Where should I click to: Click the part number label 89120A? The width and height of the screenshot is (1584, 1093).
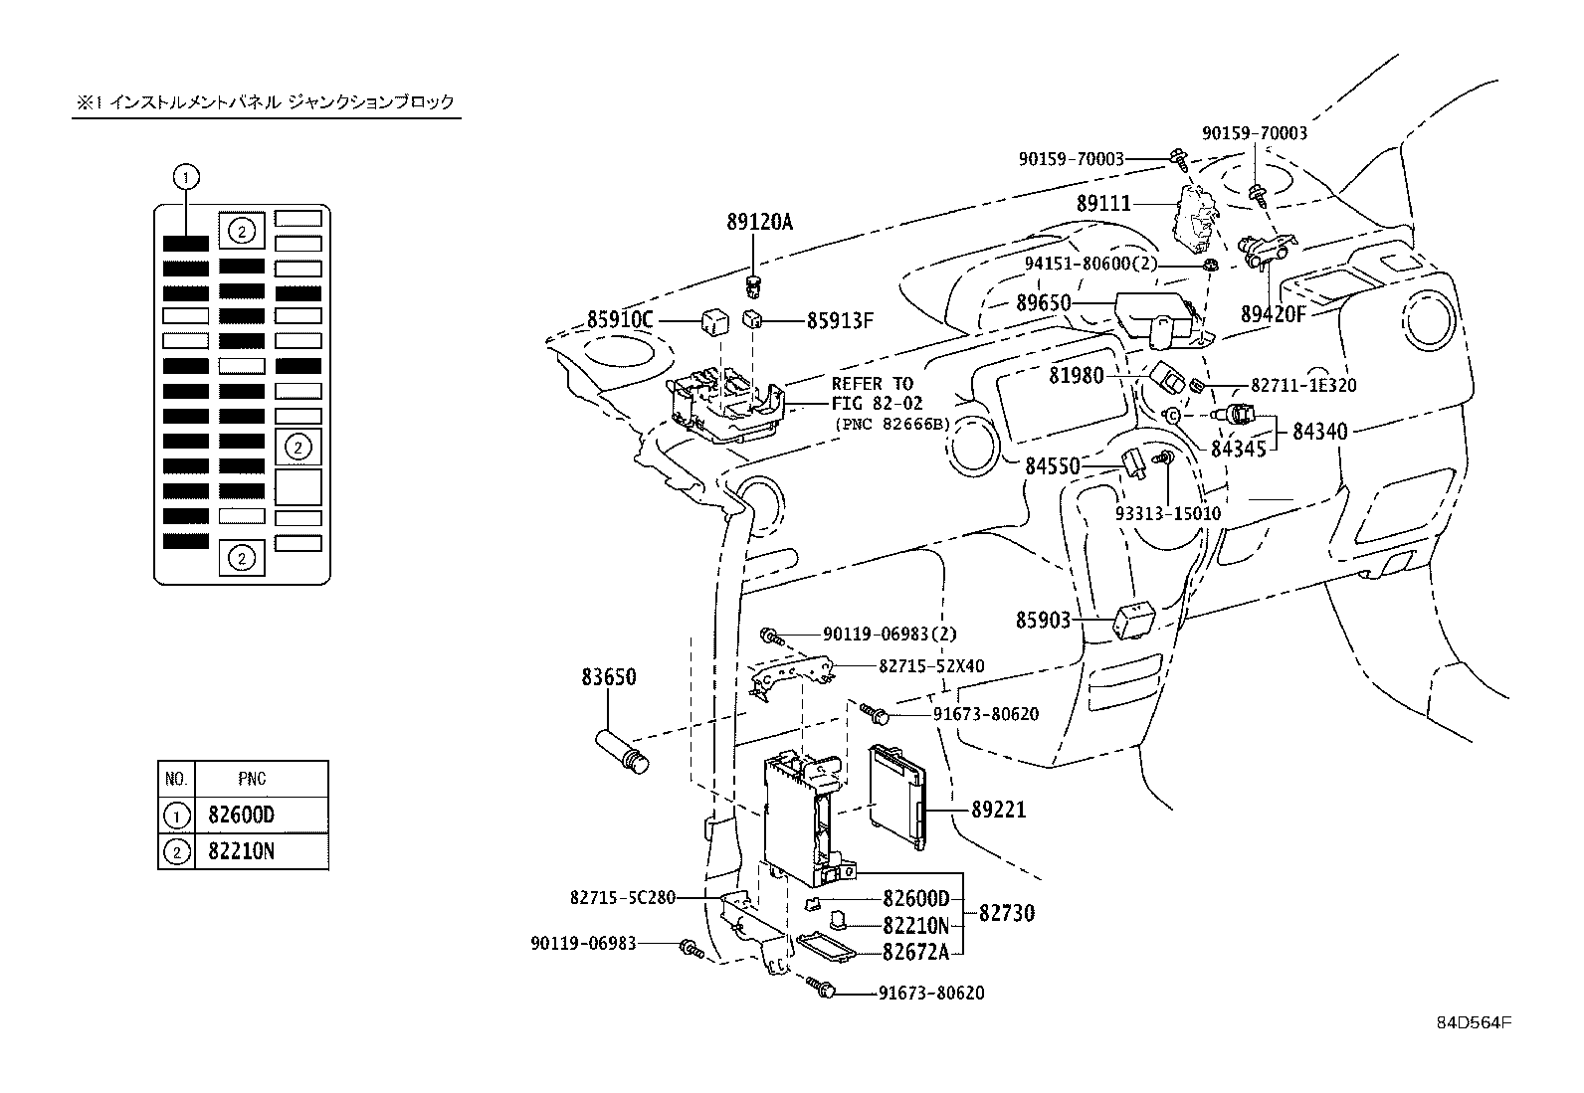click(x=759, y=223)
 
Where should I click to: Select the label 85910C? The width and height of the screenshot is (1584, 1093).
click(x=620, y=320)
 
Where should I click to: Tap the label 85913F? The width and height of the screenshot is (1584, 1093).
click(x=839, y=320)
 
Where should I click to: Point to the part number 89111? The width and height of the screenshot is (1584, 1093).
click(x=1103, y=203)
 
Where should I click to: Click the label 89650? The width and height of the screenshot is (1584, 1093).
click(x=1043, y=302)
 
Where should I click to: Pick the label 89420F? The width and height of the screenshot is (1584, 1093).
click(x=1273, y=314)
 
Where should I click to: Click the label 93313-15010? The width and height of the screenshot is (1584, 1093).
click(x=1167, y=514)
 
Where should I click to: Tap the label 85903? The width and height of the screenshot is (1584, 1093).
click(x=1043, y=621)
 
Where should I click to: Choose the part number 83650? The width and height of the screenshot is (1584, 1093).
click(x=609, y=677)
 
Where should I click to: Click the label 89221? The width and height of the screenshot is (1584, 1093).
click(x=998, y=811)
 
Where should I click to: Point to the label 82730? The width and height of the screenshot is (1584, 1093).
click(x=1006, y=912)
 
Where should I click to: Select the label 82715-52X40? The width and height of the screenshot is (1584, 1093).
click(x=931, y=665)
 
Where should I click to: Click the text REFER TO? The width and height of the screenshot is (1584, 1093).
click(x=872, y=384)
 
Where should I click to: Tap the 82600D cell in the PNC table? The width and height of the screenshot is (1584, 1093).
click(x=242, y=816)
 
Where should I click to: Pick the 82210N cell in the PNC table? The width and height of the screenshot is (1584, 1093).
click(x=242, y=851)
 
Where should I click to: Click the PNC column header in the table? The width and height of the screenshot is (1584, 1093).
click(x=252, y=779)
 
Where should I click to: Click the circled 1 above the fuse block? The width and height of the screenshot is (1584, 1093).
click(x=186, y=178)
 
